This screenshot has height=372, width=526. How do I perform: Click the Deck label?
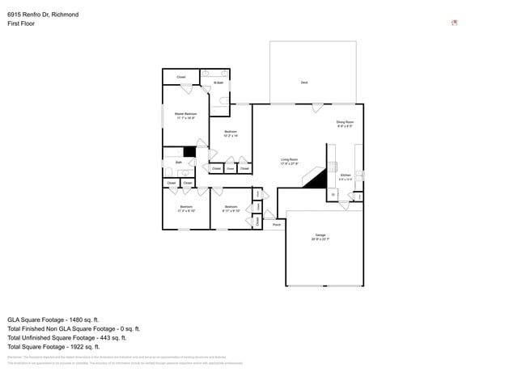pyautogui.click(x=304, y=82)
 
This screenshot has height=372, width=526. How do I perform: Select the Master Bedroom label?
pyautogui.click(x=185, y=115)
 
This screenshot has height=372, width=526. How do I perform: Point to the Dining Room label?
pyautogui.click(x=345, y=124)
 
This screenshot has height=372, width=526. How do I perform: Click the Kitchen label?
pyautogui.click(x=346, y=176)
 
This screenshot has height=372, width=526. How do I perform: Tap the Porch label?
pyautogui.click(x=277, y=224)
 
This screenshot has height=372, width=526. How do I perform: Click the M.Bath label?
pyautogui.click(x=218, y=82)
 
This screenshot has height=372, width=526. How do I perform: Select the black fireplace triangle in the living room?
pyautogui.click(x=316, y=178)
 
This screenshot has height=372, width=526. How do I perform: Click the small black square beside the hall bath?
pyautogui.click(x=189, y=151)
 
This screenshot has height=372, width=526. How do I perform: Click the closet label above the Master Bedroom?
pyautogui.click(x=181, y=77)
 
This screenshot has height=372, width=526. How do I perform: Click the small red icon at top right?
pyautogui.click(x=454, y=23)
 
